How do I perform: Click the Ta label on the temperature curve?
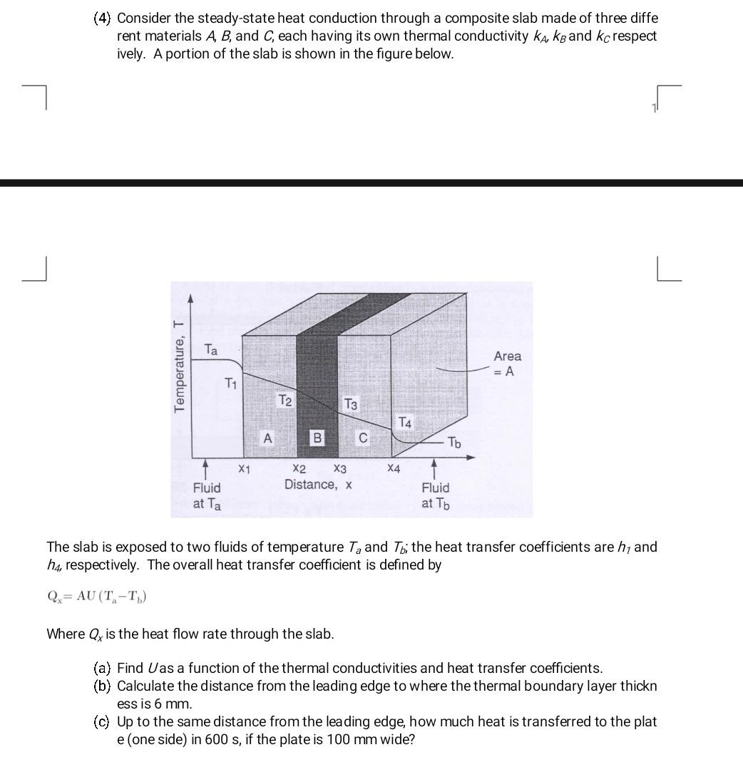tap(211, 350)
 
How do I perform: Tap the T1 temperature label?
tap(230, 383)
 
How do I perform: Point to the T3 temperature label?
tap(351, 405)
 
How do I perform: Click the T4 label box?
tap(404, 423)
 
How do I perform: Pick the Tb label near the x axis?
tap(454, 443)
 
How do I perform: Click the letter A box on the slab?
tap(267, 438)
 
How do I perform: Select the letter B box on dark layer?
tap(317, 438)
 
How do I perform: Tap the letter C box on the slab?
tap(363, 438)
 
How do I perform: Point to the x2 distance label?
tap(299, 469)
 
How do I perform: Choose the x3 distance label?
tap(339, 469)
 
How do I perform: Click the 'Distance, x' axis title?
tap(318, 485)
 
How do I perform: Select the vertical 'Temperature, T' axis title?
tap(179, 365)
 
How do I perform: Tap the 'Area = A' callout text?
tap(507, 364)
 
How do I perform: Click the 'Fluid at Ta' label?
tap(207, 495)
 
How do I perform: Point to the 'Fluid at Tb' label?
tap(435, 495)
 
